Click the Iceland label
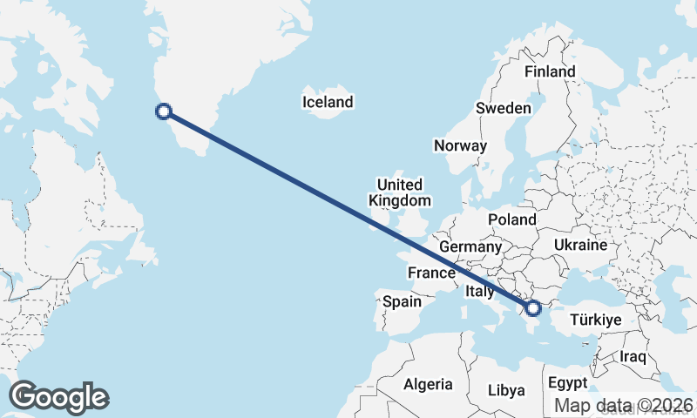pos(328,102)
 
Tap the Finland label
pos(550,71)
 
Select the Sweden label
pos(503,108)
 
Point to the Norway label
pos(460,145)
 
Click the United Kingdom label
pos(400,192)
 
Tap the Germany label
pos(470,247)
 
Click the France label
pos(432,273)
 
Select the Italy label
pos(480,291)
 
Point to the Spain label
pos(402,302)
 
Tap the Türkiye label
pos(595,320)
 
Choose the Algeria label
pos(429,383)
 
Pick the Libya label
pos(506,389)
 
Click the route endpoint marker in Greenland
pos(162,111)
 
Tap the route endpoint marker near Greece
pos(534,307)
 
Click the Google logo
pos(58,397)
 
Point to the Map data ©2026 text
pos(624,405)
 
